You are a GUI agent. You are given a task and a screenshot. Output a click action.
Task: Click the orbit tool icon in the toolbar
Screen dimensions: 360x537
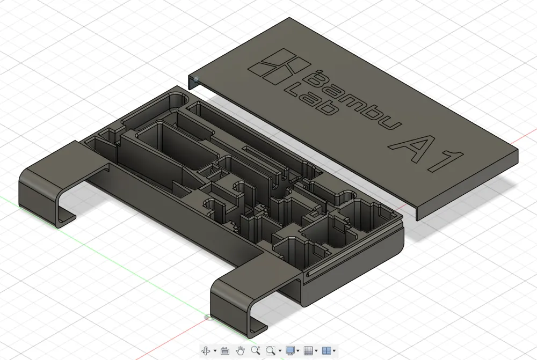pyautogui.click(x=206, y=350)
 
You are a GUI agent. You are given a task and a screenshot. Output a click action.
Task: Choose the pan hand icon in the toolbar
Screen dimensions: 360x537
pyautogui.click(x=240, y=350)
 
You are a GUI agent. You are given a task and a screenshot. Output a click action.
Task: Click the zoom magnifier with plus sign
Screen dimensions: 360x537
pyautogui.click(x=256, y=350)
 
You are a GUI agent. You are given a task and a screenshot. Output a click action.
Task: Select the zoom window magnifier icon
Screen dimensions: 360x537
pyautogui.click(x=271, y=350)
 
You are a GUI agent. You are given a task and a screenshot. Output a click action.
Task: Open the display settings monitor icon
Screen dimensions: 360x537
pyautogui.click(x=291, y=350)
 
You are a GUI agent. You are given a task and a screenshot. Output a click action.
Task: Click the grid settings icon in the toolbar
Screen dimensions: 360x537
pyautogui.click(x=308, y=350)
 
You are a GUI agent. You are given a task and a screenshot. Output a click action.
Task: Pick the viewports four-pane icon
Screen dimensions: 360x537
pyautogui.click(x=326, y=350)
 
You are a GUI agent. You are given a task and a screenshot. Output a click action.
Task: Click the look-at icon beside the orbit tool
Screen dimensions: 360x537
pyautogui.click(x=224, y=350)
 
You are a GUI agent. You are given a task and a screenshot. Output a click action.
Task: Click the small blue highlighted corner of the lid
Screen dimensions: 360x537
pyautogui.click(x=195, y=80)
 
